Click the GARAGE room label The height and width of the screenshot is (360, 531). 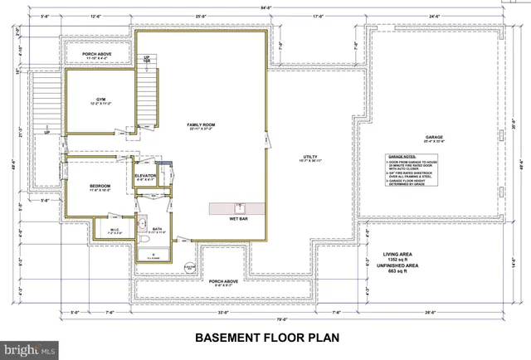pyautogui.click(x=434, y=139)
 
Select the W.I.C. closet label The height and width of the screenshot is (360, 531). pyautogui.click(x=115, y=231)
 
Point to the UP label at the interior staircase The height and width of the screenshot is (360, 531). pyautogui.click(x=146, y=57)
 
